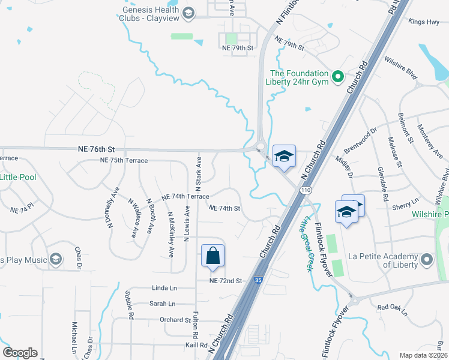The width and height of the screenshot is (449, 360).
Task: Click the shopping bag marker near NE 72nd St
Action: [x=213, y=256]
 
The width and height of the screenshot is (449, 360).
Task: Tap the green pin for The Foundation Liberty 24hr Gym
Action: [x=337, y=76]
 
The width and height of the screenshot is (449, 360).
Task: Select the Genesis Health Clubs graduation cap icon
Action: [x=188, y=13]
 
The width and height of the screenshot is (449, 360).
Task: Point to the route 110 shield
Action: [x=307, y=190]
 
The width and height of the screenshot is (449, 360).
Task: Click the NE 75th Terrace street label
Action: [x=124, y=161]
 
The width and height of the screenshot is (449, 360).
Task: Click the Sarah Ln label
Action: [x=162, y=304]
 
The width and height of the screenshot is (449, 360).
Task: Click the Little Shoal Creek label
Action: [x=304, y=244]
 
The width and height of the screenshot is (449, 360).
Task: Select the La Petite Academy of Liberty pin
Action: [x=427, y=259]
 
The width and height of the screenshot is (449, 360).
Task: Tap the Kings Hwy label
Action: [x=424, y=22]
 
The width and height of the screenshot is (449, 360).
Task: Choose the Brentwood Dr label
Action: [x=360, y=141]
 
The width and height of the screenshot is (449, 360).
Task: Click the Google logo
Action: [x=20, y=353]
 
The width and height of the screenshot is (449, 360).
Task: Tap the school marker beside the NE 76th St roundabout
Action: [x=284, y=157]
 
